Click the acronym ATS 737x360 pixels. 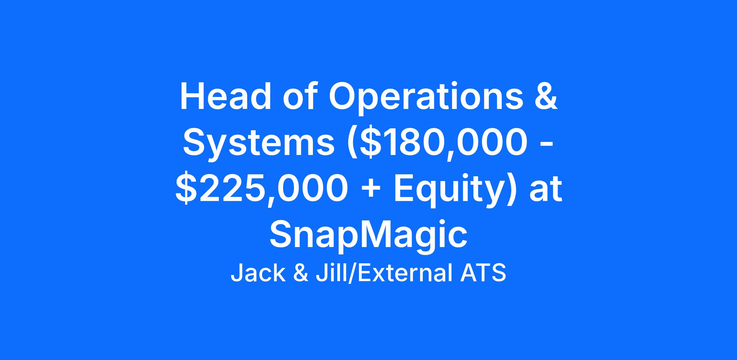coord(483,273)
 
